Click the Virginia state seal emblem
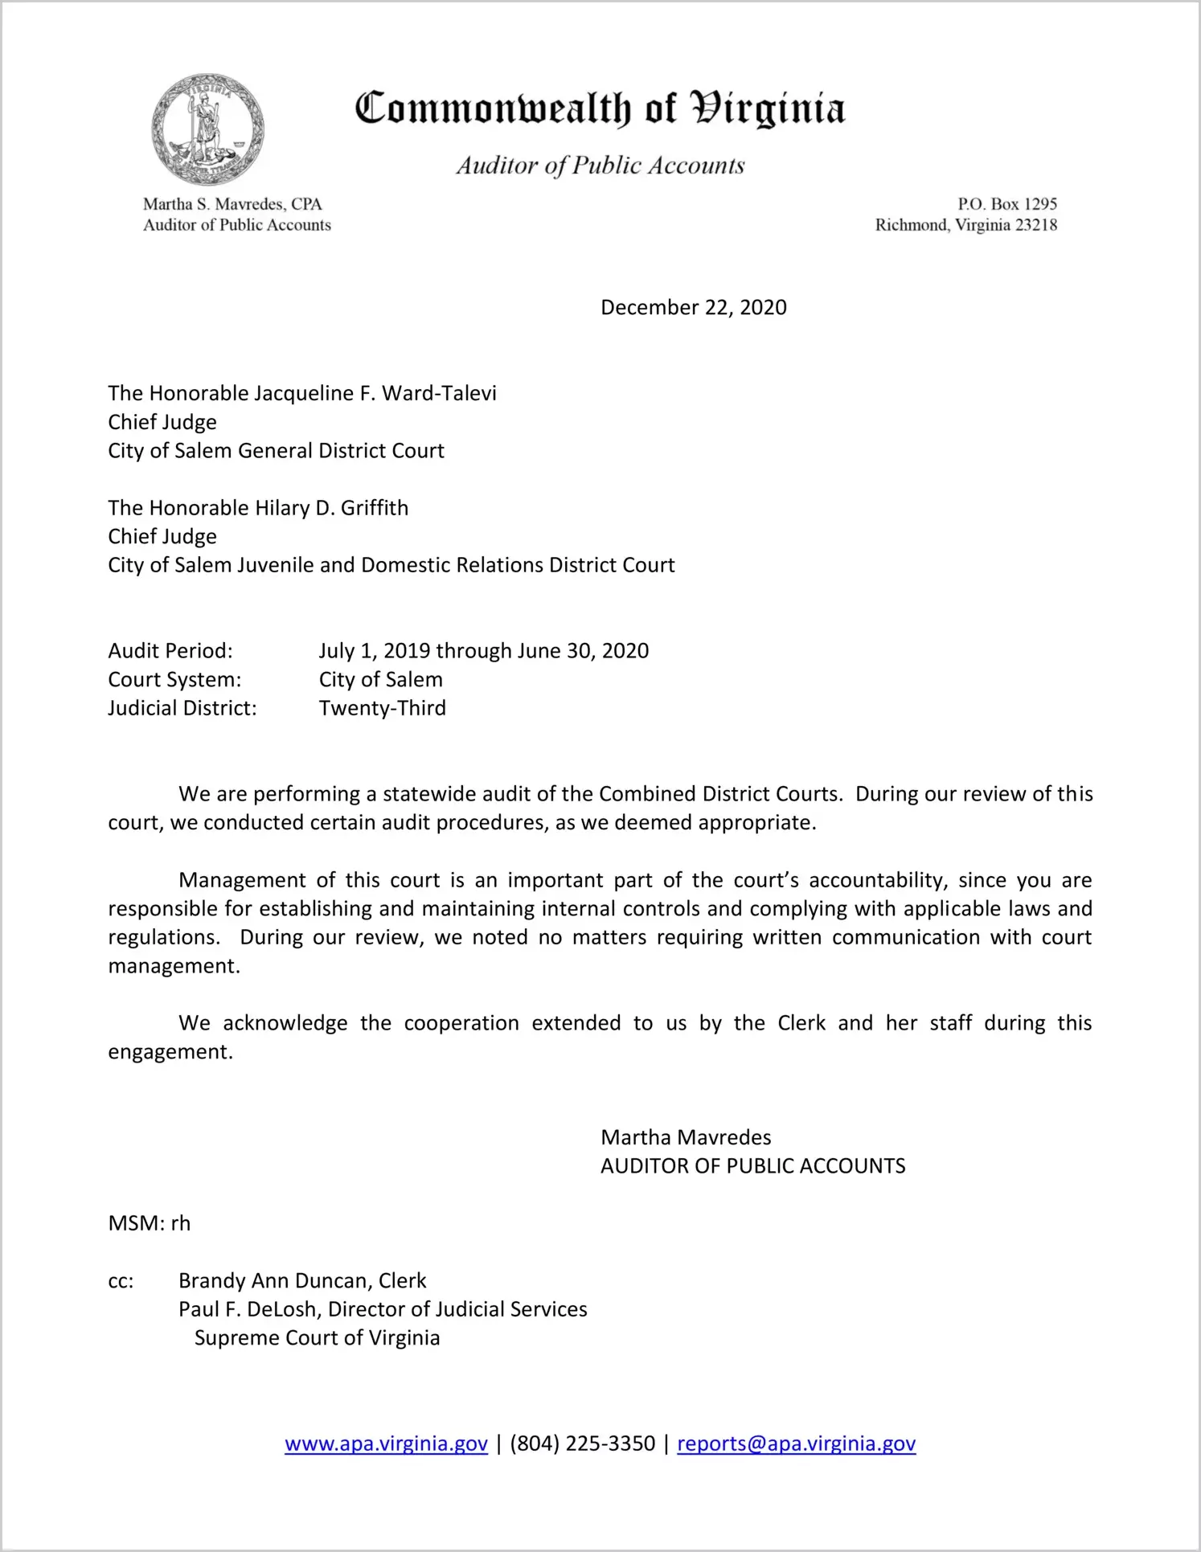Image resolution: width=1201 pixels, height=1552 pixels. coord(207,129)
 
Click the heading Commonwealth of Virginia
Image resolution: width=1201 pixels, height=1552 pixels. coord(600,109)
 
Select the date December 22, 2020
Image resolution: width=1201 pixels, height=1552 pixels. coord(693,308)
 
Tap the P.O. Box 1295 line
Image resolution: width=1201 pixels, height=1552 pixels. coord(1006,204)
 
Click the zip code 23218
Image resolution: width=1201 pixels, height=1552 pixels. coord(1036,225)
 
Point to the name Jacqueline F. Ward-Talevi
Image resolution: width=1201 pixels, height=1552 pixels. coord(375,393)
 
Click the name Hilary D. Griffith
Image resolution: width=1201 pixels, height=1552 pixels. coord(331,508)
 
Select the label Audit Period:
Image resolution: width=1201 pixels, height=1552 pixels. coord(170,651)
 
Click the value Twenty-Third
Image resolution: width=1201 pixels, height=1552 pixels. coord(382,708)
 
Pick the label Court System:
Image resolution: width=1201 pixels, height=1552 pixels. coord(174,680)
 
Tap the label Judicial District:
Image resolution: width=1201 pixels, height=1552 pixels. coord(182,708)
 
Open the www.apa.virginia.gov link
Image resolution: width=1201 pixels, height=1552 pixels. coord(386,1443)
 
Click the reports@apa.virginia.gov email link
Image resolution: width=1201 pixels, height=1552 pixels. coord(796,1443)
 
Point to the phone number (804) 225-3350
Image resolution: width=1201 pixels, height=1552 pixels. coord(582,1443)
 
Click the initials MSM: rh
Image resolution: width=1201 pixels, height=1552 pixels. coord(150,1223)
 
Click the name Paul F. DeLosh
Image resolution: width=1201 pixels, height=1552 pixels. coord(249,1309)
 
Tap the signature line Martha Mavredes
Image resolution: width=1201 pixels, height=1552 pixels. coord(686,1137)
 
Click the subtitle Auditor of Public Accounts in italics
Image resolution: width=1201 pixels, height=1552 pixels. coord(600,166)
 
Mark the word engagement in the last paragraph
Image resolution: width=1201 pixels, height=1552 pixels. coord(170,1052)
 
